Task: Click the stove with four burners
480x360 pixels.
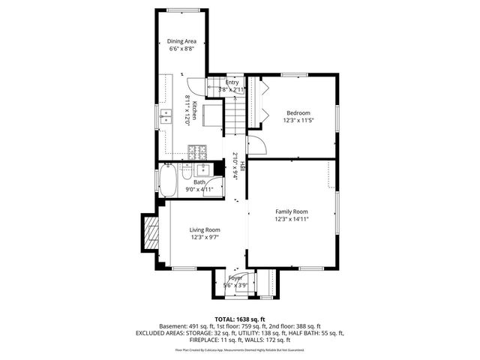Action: click(198, 151)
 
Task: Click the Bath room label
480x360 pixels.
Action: click(199, 181)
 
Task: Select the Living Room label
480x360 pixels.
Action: click(204, 229)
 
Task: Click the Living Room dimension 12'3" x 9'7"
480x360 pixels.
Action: click(204, 238)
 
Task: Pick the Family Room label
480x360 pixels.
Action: click(291, 211)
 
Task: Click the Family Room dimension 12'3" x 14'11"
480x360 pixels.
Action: click(291, 220)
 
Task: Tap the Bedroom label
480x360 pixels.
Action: click(296, 112)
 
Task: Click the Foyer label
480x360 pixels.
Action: click(236, 277)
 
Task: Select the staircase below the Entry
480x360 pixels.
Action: click(235, 112)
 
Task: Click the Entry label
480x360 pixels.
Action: click(232, 82)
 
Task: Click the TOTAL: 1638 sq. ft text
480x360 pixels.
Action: click(240, 319)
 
